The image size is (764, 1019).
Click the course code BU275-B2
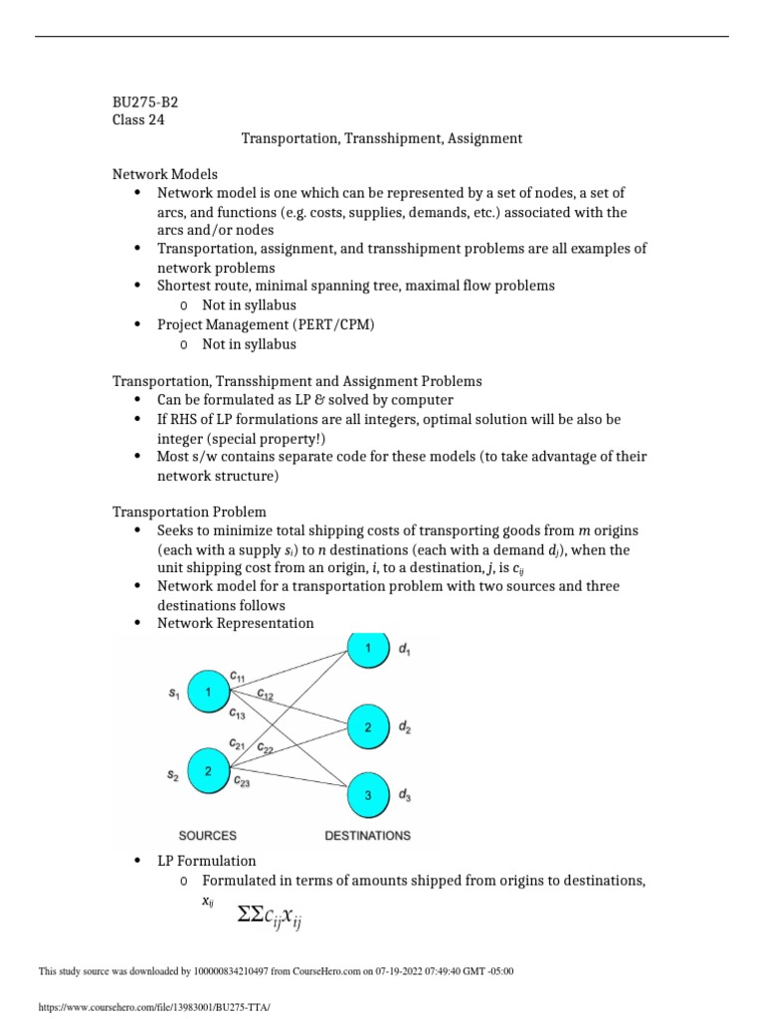pyautogui.click(x=145, y=102)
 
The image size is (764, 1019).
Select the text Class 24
pyautogui.click(x=138, y=120)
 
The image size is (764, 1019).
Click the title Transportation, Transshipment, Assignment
pyautogui.click(x=382, y=138)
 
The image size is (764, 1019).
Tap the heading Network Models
pyautogui.click(x=165, y=174)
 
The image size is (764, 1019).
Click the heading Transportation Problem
pyautogui.click(x=189, y=512)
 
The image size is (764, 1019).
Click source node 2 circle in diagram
pyautogui.click(x=209, y=771)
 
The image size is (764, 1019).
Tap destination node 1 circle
pyautogui.click(x=367, y=649)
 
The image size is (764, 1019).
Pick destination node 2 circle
pyautogui.click(x=367, y=727)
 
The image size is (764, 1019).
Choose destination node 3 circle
pyautogui.click(x=367, y=794)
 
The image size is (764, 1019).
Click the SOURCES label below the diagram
pyautogui.click(x=207, y=836)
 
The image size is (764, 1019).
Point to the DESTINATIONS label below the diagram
pyautogui.click(x=367, y=836)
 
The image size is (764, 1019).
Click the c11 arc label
pyautogui.click(x=237, y=677)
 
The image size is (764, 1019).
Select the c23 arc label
pyautogui.click(x=242, y=783)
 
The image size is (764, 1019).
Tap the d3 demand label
pyautogui.click(x=404, y=794)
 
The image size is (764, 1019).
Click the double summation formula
pyautogui.click(x=270, y=916)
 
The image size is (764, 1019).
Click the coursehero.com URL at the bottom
pyautogui.click(x=153, y=1007)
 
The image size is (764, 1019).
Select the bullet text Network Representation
pyautogui.click(x=235, y=623)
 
